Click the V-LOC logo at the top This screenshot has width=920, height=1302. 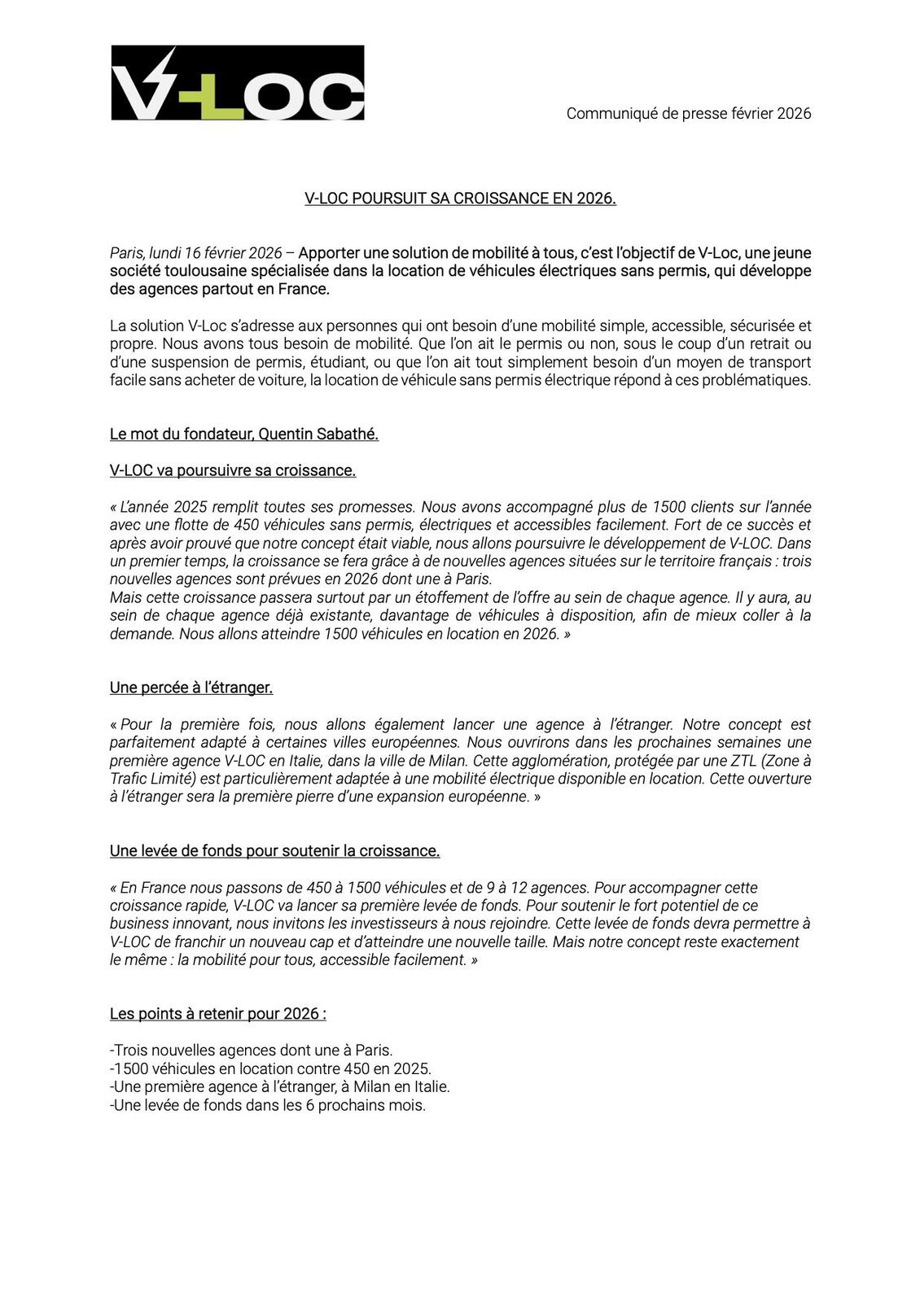pyautogui.click(x=237, y=83)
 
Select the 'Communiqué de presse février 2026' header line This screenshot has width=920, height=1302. pyautogui.click(x=688, y=114)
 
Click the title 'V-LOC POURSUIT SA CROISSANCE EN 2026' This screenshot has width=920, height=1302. pyautogui.click(x=460, y=199)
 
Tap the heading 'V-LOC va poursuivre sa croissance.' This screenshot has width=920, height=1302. pyautogui.click(x=232, y=470)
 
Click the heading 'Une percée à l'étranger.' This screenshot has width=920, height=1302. pyautogui.click(x=191, y=688)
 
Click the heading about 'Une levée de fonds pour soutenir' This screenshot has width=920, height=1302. pyautogui.click(x=274, y=851)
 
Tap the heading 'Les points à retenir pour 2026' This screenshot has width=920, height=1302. pyautogui.click(x=217, y=1014)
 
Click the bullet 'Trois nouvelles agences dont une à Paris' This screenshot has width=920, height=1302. pyautogui.click(x=251, y=1051)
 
